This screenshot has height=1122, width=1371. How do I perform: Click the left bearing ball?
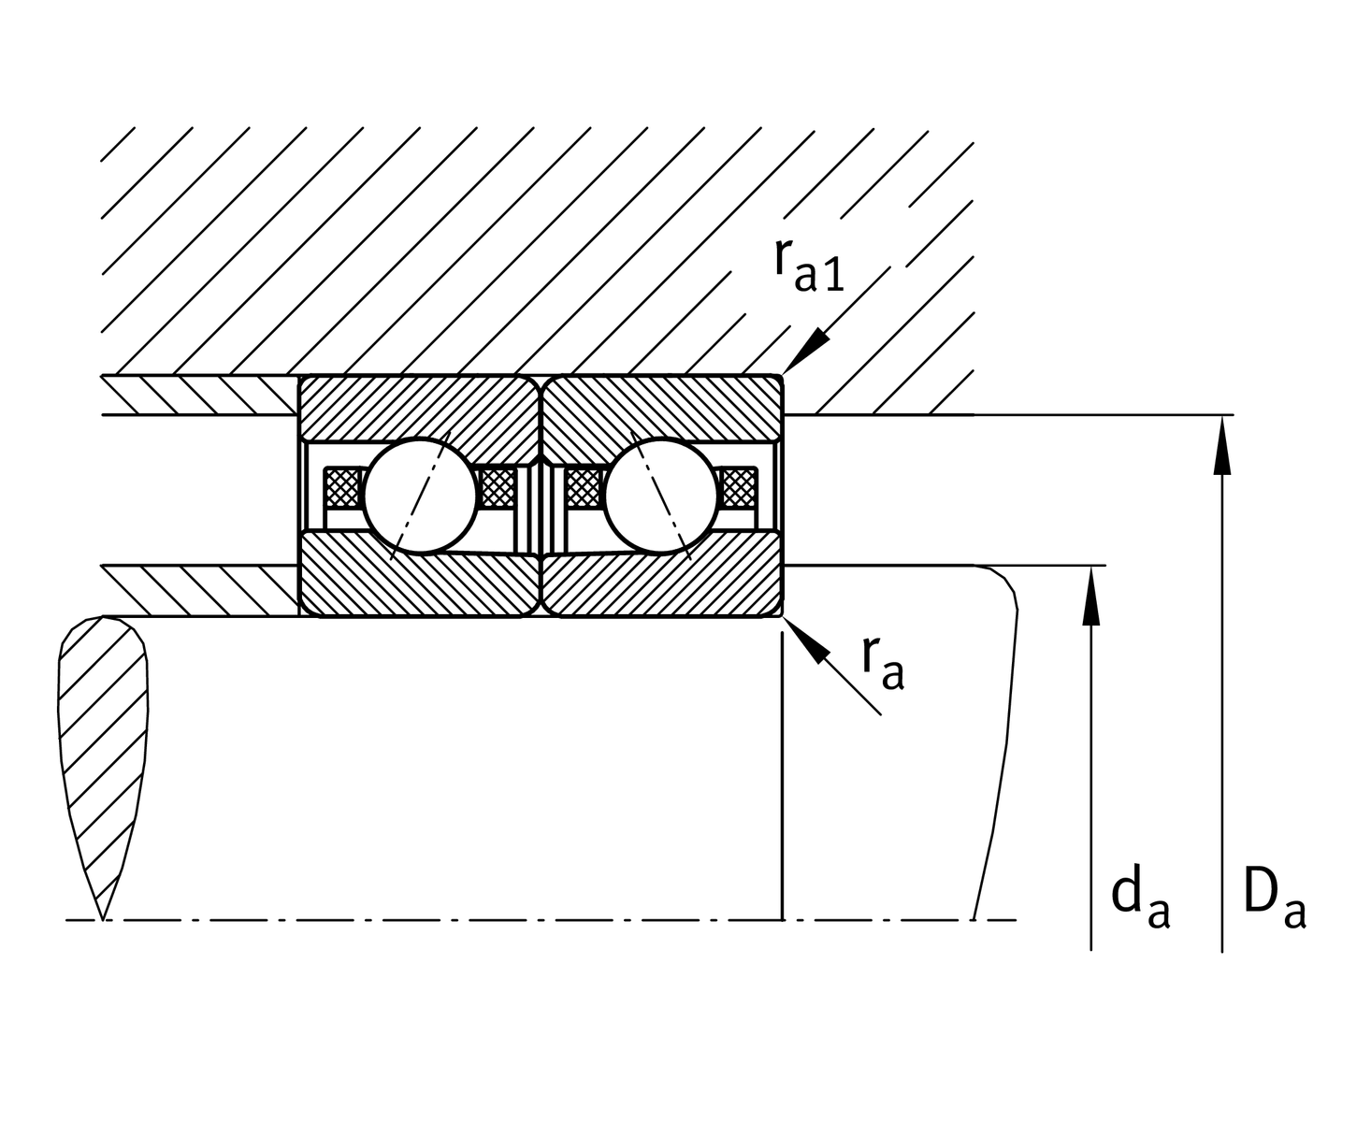tap(420, 496)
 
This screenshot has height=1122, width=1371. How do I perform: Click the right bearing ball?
tap(661, 496)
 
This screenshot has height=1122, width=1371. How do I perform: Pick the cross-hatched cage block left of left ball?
tap(341, 487)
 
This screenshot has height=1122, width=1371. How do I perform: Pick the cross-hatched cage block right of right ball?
tap(739, 487)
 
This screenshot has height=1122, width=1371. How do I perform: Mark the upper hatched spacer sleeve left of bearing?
tap(201, 395)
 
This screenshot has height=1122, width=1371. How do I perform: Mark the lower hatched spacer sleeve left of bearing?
tap(201, 591)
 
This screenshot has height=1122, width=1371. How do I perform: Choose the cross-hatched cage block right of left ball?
tap(496, 487)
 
